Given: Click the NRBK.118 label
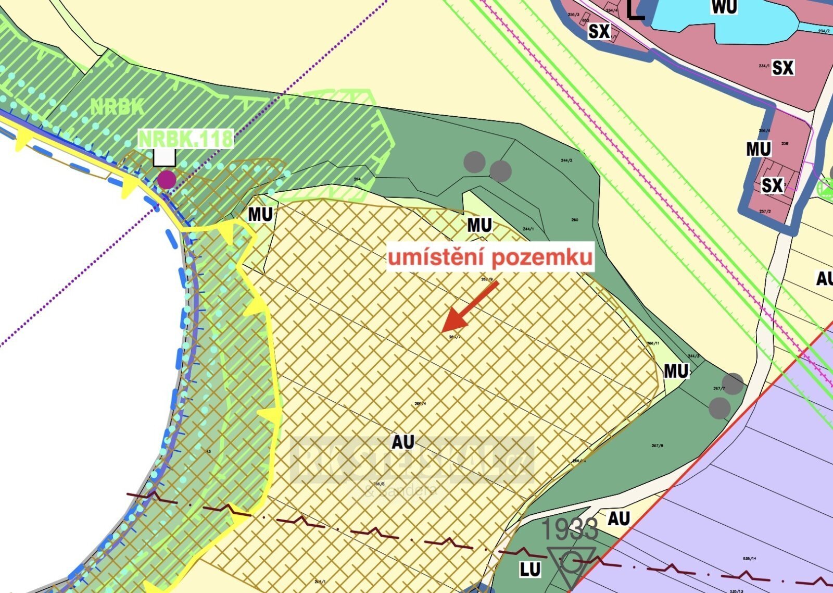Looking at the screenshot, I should (x=185, y=139).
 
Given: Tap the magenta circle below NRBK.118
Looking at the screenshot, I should (x=167, y=179).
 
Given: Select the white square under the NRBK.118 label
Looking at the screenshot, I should (x=164, y=156).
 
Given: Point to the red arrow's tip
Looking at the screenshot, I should (x=443, y=330).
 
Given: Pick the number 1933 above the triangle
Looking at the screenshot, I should (x=570, y=530).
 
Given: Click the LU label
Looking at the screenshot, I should (x=530, y=570).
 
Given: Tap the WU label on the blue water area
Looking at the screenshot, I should (x=724, y=7).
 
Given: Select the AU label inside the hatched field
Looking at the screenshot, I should (x=402, y=442).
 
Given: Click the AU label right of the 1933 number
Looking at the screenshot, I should (x=619, y=518).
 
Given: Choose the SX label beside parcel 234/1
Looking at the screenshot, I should (x=782, y=68).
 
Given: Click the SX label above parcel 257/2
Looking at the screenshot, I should (x=772, y=186).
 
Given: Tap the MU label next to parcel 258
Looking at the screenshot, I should (x=758, y=149).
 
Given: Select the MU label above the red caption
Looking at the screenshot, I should (x=479, y=225).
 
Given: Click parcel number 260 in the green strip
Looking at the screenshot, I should (x=575, y=220).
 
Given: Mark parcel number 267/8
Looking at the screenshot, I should (x=658, y=446).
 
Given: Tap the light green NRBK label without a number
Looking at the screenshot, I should (x=117, y=107).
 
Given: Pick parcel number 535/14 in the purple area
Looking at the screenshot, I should (x=750, y=559).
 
